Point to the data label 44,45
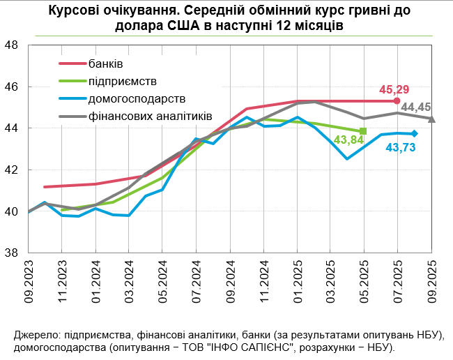pyautogui.click(x=417, y=107)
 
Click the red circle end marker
pyautogui.click(x=397, y=101)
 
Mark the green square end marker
pyautogui.click(x=364, y=131)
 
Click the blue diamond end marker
pyautogui.click(x=414, y=134)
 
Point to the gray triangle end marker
pyautogui.click(x=431, y=119)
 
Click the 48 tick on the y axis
pyautogui.click(x=11, y=45)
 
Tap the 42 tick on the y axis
pyautogui.click(x=11, y=170)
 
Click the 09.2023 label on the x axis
pyautogui.click(x=29, y=278)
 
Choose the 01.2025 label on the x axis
pyautogui.click(x=297, y=278)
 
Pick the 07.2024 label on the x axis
pyautogui.click(x=197, y=278)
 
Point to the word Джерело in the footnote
pyautogui.click(x=33, y=333)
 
